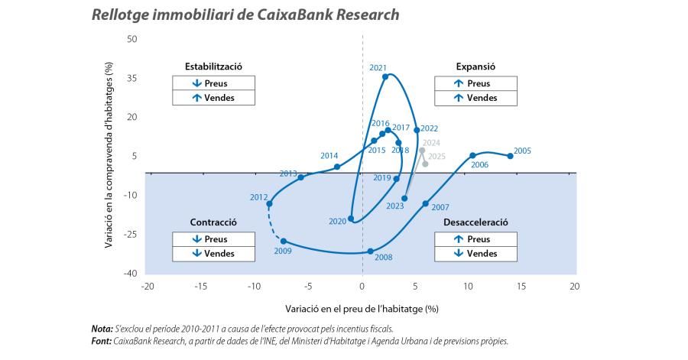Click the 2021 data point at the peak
[385, 76]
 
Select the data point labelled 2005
[511, 156]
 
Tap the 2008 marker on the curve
[371, 251]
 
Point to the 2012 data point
[269, 203]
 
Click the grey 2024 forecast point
[422, 151]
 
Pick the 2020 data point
[351, 219]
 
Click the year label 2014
[329, 155]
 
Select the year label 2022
[429, 128]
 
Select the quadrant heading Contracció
[213, 222]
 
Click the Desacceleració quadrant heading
[475, 222]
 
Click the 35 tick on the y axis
[132, 78]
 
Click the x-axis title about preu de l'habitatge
[361, 309]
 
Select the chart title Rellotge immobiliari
[245, 15]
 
